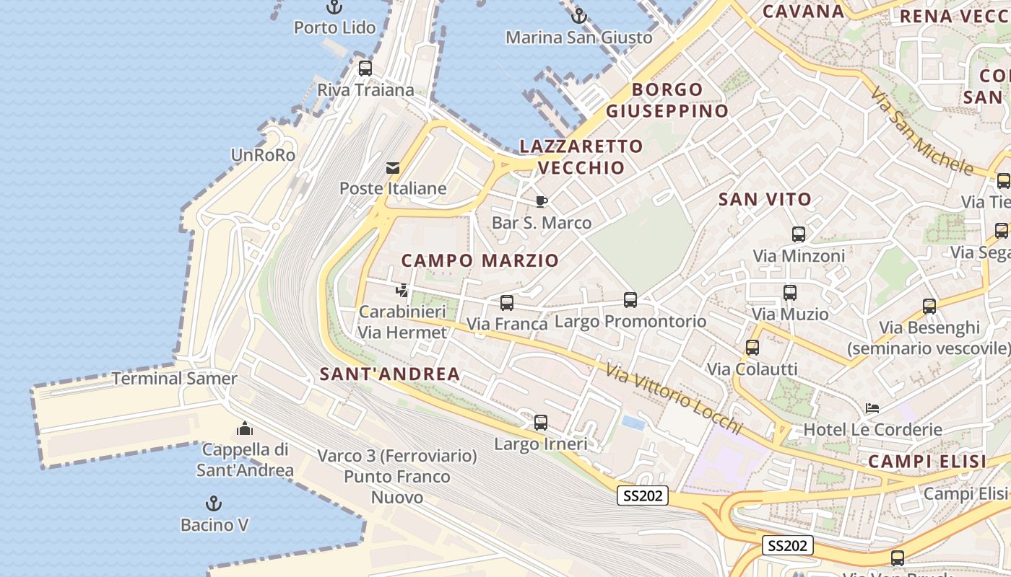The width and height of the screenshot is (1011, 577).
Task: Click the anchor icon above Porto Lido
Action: tap(334, 7)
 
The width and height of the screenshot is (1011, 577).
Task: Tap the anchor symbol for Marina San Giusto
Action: tap(578, 16)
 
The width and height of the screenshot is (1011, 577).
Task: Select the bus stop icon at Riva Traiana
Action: tap(365, 69)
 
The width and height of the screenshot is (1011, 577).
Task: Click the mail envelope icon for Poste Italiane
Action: tap(393, 168)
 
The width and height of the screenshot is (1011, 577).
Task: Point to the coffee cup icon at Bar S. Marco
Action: tap(542, 202)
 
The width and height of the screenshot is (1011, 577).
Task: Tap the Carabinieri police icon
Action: tap(402, 291)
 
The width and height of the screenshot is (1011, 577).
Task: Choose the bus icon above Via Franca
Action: tap(507, 303)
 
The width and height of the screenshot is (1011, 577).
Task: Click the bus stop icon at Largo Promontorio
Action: tap(630, 300)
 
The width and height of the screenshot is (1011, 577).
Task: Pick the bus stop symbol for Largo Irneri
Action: tap(541, 423)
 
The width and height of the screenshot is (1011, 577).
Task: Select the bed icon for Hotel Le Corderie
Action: tap(872, 408)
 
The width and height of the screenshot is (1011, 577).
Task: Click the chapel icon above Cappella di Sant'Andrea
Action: tap(245, 428)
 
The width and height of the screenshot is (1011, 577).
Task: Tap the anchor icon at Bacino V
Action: tap(214, 503)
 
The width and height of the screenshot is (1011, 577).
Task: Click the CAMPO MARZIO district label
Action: tap(480, 260)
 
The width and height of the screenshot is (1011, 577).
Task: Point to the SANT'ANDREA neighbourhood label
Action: tap(390, 374)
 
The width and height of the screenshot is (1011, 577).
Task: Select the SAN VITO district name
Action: tap(765, 199)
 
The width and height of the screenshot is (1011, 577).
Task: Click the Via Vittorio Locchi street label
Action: tap(674, 399)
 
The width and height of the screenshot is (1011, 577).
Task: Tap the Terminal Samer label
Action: tap(175, 379)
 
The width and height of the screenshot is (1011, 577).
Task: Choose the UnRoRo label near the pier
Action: tap(263, 155)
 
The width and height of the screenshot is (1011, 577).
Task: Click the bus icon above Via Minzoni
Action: tap(799, 234)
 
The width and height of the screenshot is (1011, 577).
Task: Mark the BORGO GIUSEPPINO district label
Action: tap(667, 100)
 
